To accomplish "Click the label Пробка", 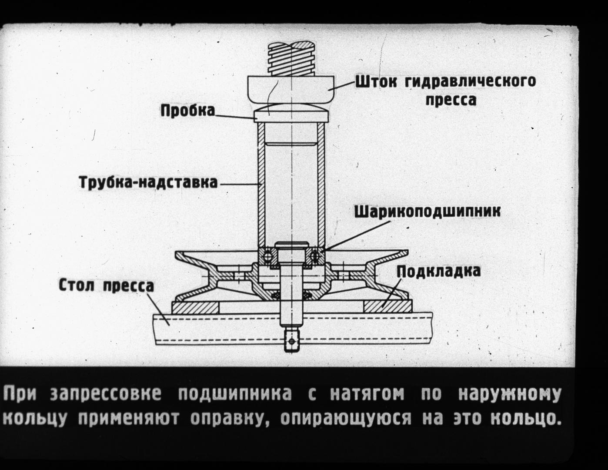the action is tap(188, 111).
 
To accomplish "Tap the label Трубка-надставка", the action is tap(149, 183).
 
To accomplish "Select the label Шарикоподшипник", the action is tap(427, 212).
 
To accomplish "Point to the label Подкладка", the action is tap(438, 271).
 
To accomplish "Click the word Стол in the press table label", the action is tap(76, 286).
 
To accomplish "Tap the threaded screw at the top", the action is tap(291, 58).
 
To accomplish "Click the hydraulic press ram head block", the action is tap(291, 89).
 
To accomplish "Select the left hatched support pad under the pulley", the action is tap(195, 307).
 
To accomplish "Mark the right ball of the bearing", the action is tap(314, 255).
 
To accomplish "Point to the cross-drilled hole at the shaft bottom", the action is tap(292, 341).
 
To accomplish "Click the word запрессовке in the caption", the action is tap(106, 395).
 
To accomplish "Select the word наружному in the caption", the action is tap(510, 395).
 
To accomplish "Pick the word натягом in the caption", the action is tap(367, 395).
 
